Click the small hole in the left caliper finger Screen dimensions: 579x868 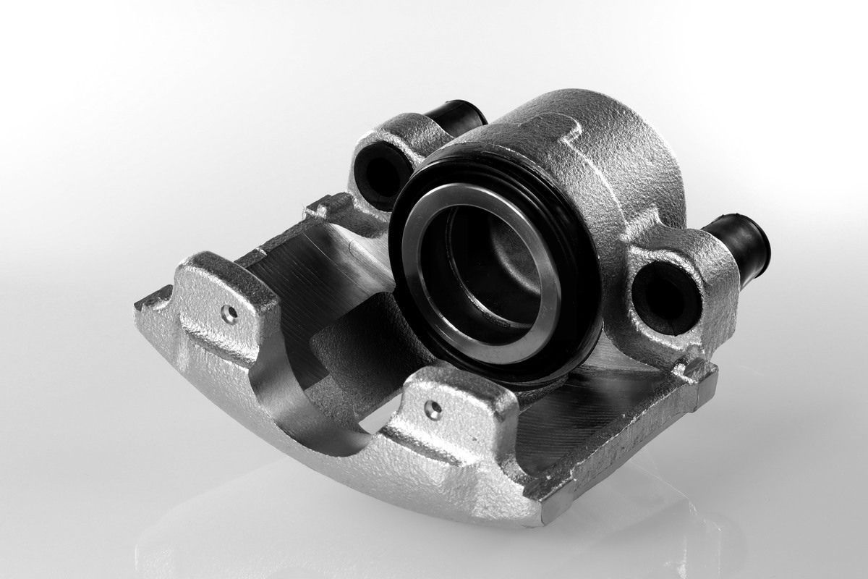pos(229,313)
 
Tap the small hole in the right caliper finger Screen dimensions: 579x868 pos(434,410)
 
